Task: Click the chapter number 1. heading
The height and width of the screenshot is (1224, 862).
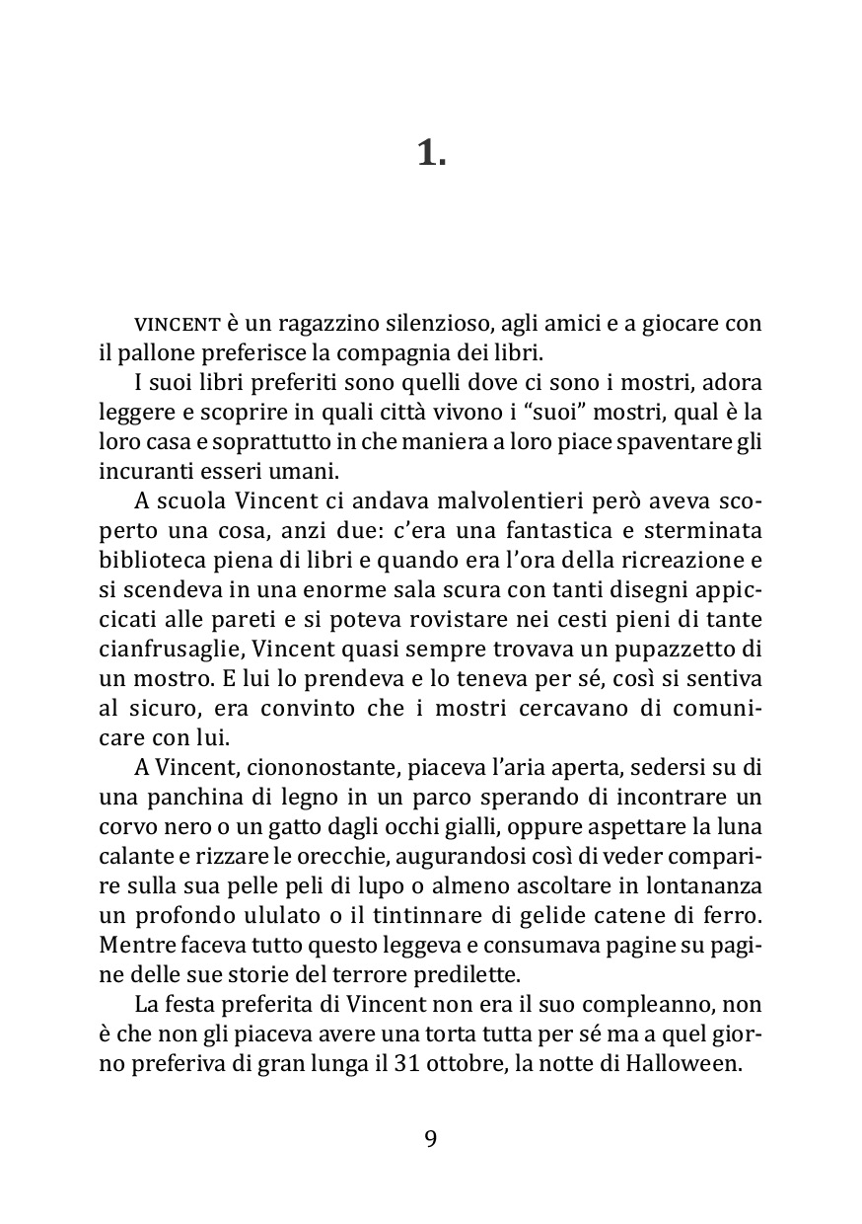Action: click(x=431, y=153)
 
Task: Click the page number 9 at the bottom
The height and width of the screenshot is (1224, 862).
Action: click(x=431, y=1138)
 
